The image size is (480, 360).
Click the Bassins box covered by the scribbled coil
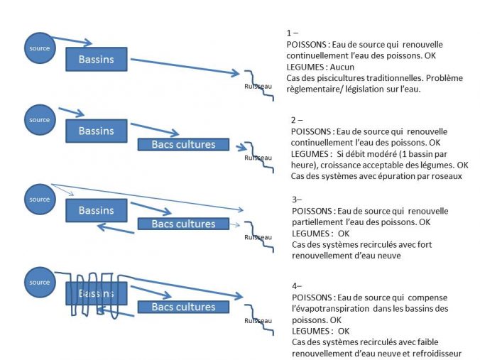(x=96, y=293)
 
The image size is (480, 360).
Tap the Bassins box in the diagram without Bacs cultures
(x=96, y=58)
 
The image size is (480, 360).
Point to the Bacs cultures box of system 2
(x=183, y=145)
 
